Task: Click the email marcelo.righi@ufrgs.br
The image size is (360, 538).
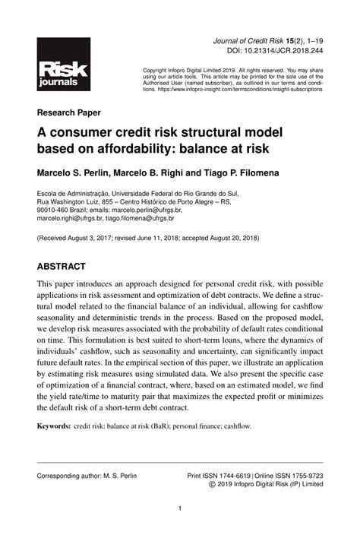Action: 69,218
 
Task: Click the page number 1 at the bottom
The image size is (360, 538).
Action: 179,509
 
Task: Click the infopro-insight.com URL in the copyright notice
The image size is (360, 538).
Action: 253,89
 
